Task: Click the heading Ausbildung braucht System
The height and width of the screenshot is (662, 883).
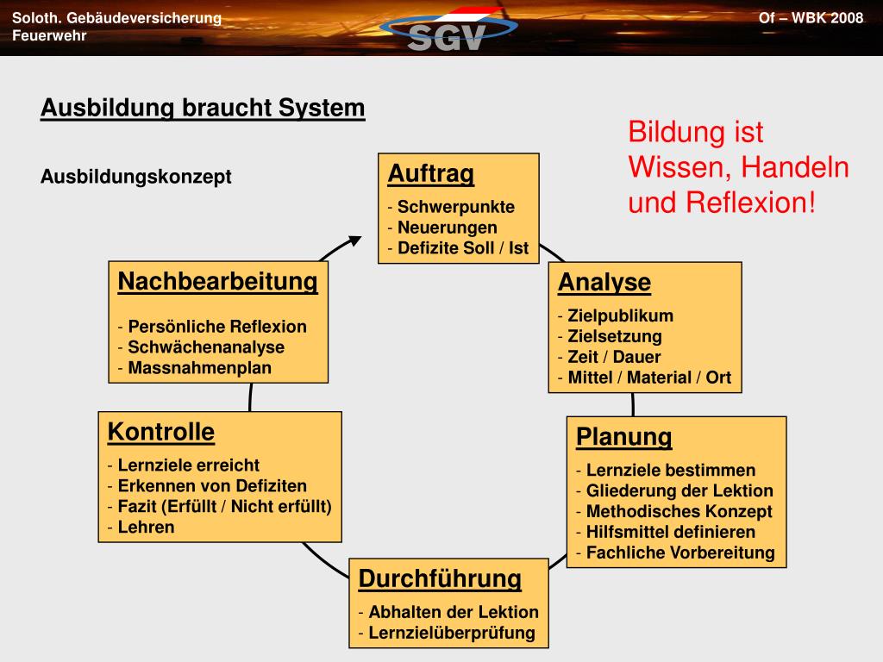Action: click(x=203, y=109)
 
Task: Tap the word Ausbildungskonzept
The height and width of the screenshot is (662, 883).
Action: click(x=136, y=177)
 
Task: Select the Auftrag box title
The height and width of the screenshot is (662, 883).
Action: click(x=430, y=174)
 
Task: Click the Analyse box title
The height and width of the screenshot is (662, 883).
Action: click(x=604, y=283)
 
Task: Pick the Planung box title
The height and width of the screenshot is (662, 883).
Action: click(x=623, y=437)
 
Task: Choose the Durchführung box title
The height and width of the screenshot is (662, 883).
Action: click(x=440, y=578)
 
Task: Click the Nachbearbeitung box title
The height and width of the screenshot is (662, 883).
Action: click(x=217, y=282)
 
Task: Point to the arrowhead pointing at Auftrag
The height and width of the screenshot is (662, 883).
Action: click(x=354, y=240)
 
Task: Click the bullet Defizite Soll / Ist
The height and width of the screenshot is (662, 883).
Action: click(x=462, y=248)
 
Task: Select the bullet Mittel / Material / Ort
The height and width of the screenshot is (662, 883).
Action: click(x=648, y=378)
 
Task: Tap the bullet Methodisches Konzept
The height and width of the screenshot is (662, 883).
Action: click(x=679, y=511)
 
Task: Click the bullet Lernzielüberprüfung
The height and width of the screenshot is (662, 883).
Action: click(x=451, y=633)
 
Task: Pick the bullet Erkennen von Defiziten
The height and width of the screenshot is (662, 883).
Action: click(x=211, y=485)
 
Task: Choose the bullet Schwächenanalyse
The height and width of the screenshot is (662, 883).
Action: click(x=205, y=347)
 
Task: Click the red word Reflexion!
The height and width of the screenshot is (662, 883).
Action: click(x=750, y=203)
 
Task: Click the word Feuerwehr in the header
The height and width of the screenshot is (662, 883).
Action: click(x=49, y=35)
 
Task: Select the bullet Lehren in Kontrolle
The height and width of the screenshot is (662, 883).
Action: click(x=146, y=527)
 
